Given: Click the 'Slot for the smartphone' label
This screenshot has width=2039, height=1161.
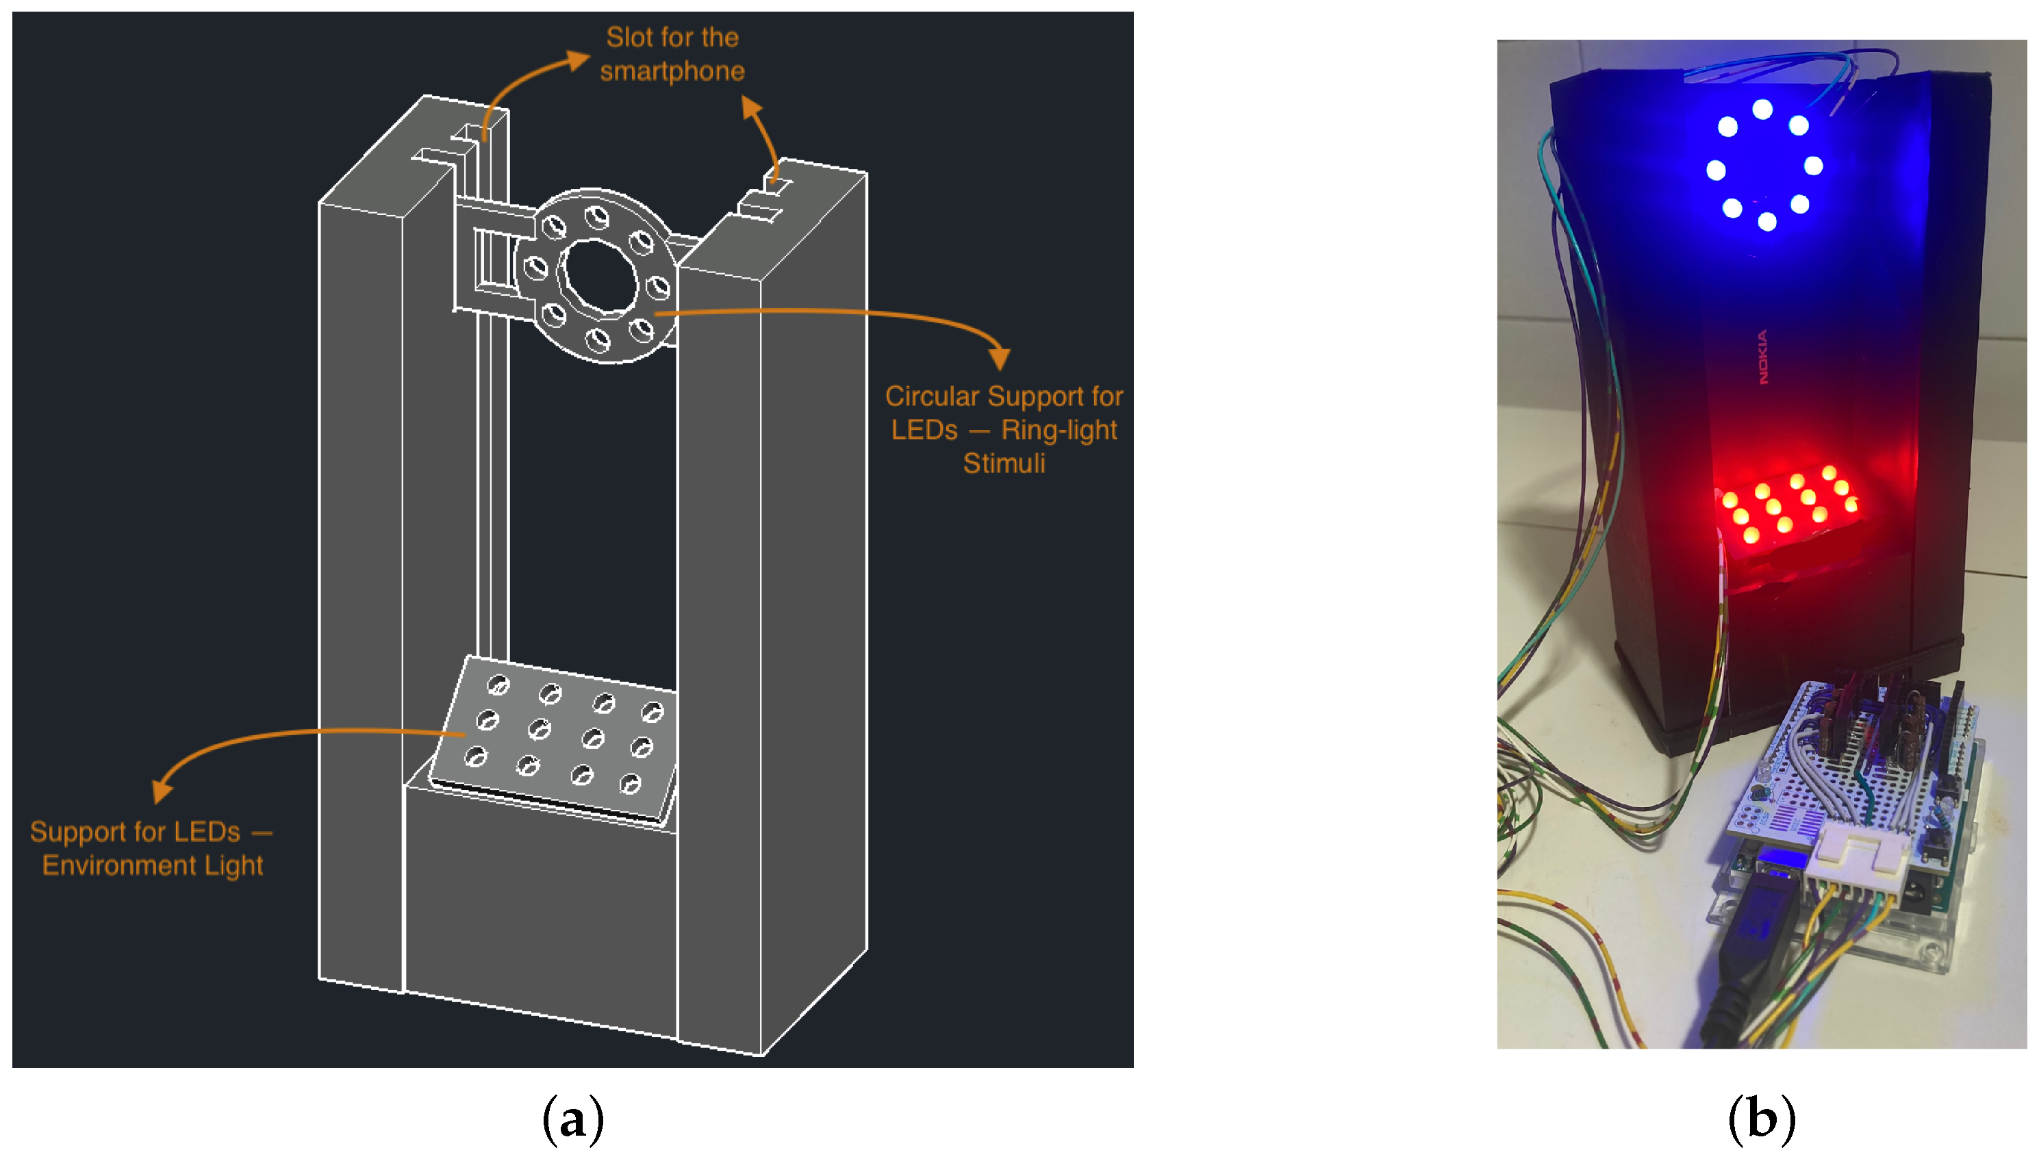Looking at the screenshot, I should coord(672,54).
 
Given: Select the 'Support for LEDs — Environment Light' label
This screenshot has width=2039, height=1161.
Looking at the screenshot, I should coord(151,848).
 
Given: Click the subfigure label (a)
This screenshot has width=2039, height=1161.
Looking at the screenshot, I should coord(572,1119).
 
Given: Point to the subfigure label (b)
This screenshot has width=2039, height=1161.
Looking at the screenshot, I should coord(1761,1119).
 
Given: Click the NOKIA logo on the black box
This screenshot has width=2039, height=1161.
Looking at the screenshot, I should coord(1762,357).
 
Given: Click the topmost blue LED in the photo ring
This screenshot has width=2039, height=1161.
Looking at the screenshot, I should coord(1762,108).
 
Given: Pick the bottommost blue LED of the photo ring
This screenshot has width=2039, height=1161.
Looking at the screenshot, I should coord(1766,222).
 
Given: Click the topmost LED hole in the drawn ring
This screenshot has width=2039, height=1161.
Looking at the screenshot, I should coord(596,217).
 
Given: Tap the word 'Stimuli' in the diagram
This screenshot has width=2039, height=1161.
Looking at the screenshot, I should coord(1003,463).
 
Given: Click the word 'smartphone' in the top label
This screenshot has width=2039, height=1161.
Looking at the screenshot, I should coord(672,71).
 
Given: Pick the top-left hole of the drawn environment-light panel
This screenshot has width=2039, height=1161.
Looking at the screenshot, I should coord(498,684).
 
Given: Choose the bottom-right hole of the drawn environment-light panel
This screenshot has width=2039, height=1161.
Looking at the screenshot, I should coord(630,784).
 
